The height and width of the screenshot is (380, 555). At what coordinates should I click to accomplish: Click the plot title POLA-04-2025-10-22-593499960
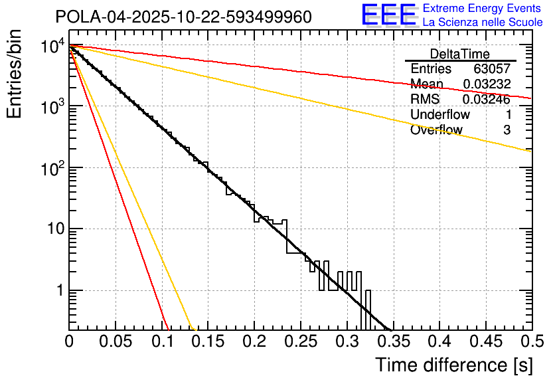click(x=183, y=17)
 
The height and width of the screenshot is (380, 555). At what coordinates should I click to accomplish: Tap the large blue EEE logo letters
click(x=388, y=15)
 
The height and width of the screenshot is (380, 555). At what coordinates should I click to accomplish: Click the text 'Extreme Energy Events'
click(x=483, y=9)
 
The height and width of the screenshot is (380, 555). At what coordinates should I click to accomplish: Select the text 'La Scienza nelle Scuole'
click(x=483, y=23)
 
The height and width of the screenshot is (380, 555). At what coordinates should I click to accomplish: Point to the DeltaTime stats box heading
click(x=459, y=54)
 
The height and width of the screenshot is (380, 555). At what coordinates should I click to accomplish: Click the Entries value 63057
click(x=491, y=69)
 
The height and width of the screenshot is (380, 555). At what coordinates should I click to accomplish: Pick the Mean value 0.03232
click(x=486, y=84)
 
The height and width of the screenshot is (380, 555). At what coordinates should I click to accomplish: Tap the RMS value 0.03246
click(x=486, y=100)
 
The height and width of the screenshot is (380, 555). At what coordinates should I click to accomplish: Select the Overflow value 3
click(x=507, y=130)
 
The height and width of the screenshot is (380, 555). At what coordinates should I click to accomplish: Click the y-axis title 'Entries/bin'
click(x=15, y=75)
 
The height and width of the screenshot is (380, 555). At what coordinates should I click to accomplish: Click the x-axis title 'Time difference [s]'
click(x=453, y=365)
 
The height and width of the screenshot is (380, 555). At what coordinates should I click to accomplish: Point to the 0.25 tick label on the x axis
click(x=300, y=341)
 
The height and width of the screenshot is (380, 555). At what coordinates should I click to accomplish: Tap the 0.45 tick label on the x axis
click(x=485, y=341)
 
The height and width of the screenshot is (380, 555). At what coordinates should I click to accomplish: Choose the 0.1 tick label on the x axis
click(x=161, y=341)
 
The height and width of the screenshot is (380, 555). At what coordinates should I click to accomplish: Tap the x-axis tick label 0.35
click(x=392, y=341)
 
